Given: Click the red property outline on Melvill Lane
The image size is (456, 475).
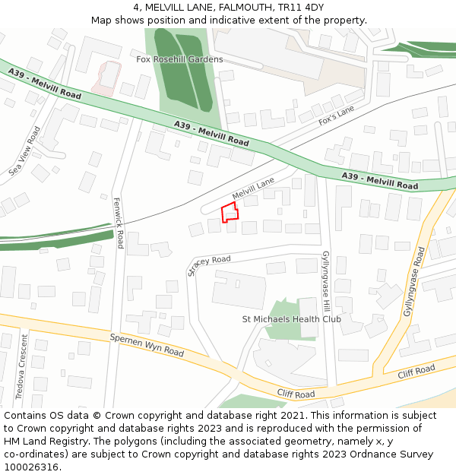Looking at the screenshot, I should (x=230, y=213).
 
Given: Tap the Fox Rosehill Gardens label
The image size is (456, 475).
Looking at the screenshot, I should (x=179, y=59).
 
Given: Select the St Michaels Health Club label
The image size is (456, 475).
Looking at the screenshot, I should (x=291, y=319).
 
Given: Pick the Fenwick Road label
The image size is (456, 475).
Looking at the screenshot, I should (x=118, y=223).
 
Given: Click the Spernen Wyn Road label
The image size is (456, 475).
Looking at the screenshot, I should (x=147, y=346).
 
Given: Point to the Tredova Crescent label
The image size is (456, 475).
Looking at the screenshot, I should (x=21, y=366).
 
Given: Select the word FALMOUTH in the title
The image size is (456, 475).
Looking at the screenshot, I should (x=227, y=8).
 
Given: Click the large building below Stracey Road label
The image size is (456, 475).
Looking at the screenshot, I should (x=239, y=290).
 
